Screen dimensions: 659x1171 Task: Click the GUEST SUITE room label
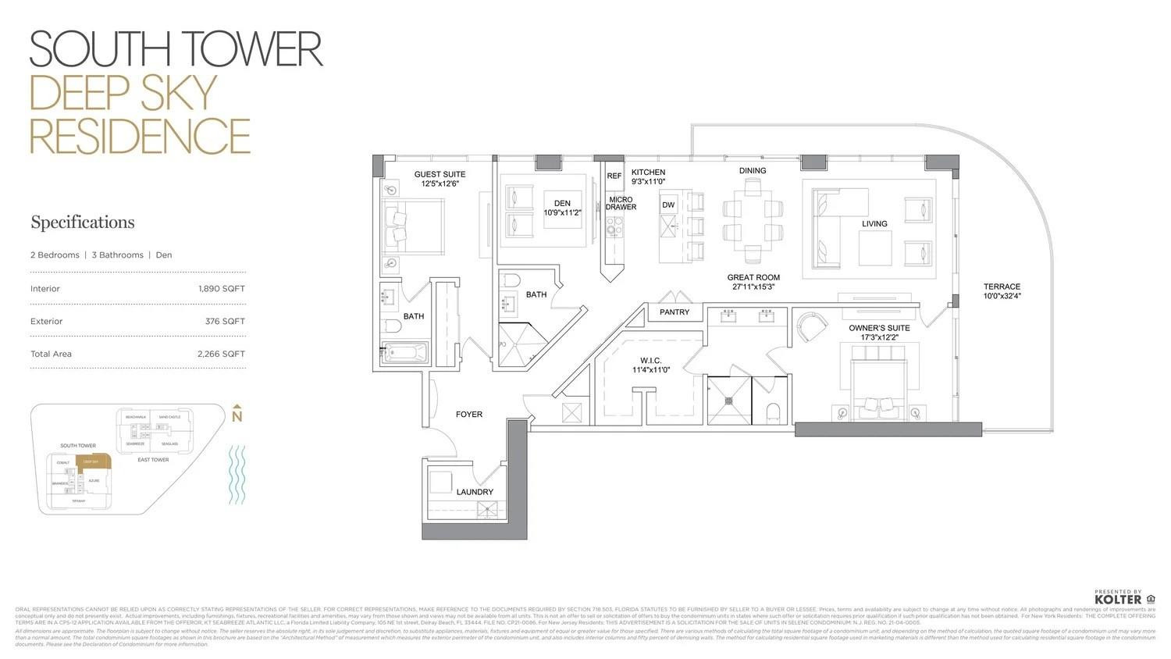point(440,174)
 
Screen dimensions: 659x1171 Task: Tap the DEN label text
point(562,203)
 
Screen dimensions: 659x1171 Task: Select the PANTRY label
point(674,312)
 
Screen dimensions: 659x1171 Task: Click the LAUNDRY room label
point(475,492)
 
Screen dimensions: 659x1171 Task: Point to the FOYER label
point(469,415)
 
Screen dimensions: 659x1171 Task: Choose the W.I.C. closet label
point(651,361)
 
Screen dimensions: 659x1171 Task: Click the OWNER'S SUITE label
point(879,328)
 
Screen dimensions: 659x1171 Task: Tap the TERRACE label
point(1002,287)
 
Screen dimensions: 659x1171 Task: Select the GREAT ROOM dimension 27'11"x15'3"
point(753,287)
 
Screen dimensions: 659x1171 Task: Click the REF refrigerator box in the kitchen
point(614,176)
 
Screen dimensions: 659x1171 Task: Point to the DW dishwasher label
point(668,205)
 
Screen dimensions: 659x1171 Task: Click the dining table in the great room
point(753,221)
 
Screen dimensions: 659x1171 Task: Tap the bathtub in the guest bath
point(405,354)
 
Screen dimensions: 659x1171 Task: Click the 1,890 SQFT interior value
point(222,289)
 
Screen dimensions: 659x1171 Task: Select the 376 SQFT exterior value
point(225,322)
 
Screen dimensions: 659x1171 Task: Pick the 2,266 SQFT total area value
point(221,354)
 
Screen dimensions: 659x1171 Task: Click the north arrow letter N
point(237,417)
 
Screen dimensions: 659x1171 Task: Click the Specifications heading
point(83,223)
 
